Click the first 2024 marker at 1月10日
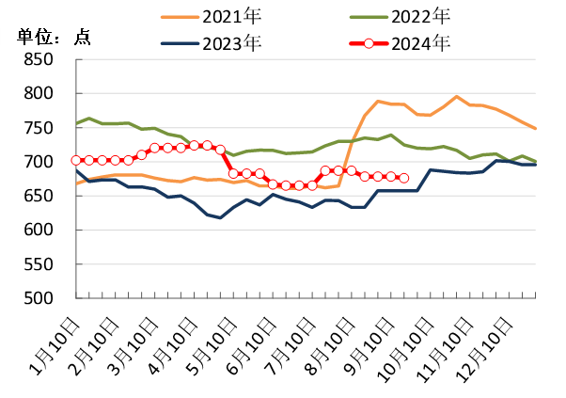(x=77, y=161)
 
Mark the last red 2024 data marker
(x=404, y=178)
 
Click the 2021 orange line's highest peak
(x=457, y=96)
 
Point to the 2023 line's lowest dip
(x=221, y=217)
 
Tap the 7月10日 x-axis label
(x=289, y=344)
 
